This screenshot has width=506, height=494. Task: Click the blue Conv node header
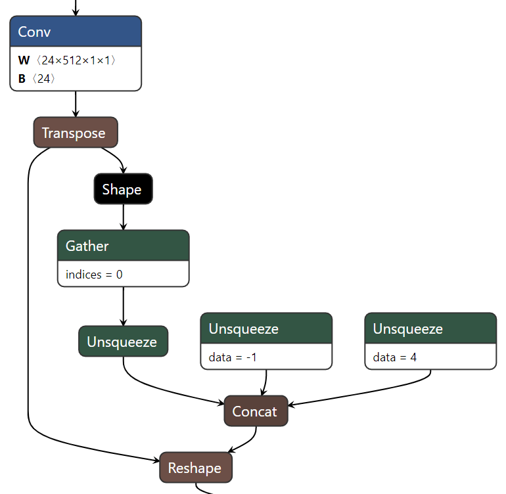(76, 32)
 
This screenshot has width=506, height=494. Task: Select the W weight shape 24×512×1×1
(76, 60)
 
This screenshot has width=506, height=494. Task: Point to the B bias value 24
(43, 79)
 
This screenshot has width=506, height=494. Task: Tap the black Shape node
(123, 189)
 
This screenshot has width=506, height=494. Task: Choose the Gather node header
(123, 246)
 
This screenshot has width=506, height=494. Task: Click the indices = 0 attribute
(94, 274)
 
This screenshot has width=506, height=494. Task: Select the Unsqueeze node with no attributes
(123, 342)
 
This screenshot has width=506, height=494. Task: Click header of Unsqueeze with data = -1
(266, 328)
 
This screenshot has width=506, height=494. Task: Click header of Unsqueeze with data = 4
(430, 328)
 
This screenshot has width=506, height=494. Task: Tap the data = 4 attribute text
(394, 357)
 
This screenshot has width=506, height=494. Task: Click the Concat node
(256, 411)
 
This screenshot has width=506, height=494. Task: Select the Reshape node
(195, 468)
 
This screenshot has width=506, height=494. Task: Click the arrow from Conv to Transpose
(76, 104)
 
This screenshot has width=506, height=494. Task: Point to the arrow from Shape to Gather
(123, 217)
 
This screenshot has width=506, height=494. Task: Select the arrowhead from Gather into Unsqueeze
(123, 321)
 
